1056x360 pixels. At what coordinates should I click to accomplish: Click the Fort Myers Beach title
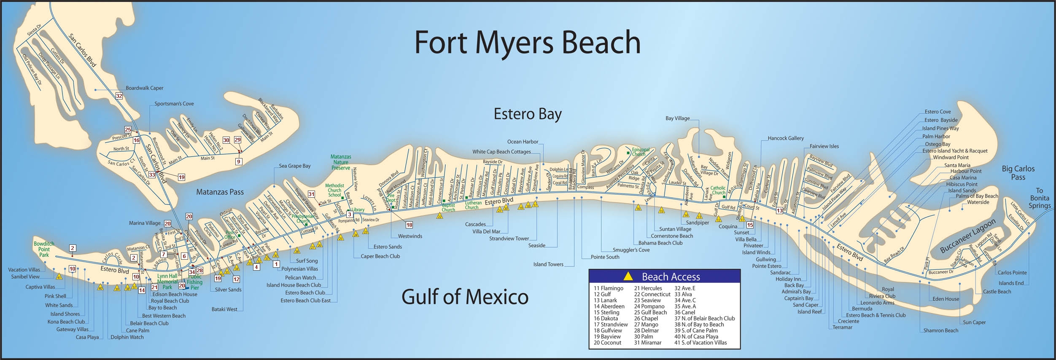coord(527,42)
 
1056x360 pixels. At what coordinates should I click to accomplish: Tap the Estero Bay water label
coord(528,114)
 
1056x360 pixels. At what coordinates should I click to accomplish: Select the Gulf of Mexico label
coord(465,297)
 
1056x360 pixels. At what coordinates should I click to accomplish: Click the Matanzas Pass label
coord(220,192)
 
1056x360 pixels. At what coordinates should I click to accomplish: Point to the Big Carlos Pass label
coord(1018,173)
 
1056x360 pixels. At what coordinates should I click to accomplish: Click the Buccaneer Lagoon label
coord(967,236)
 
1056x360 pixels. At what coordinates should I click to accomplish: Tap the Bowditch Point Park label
coord(44,249)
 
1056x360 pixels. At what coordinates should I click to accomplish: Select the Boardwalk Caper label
coord(144,88)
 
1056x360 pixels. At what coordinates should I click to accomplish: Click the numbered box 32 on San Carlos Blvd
coord(119,96)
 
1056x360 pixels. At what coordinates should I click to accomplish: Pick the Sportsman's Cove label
coord(174,104)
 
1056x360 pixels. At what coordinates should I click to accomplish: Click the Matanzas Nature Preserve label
coord(341,162)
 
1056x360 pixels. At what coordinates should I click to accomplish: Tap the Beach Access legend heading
coord(670,277)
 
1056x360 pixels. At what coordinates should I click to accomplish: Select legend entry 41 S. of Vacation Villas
coord(700,342)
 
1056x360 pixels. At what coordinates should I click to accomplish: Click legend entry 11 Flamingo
coord(608,288)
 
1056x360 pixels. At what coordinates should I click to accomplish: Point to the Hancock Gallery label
coord(785,138)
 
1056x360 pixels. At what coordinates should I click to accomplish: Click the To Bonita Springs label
coord(1039,198)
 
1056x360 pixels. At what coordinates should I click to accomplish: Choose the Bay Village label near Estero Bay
coord(677,118)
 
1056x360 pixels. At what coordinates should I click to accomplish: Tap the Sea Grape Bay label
coord(294,166)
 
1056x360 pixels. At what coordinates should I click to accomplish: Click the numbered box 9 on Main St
coord(239,161)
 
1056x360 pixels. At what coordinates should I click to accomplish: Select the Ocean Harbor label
coord(523,142)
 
